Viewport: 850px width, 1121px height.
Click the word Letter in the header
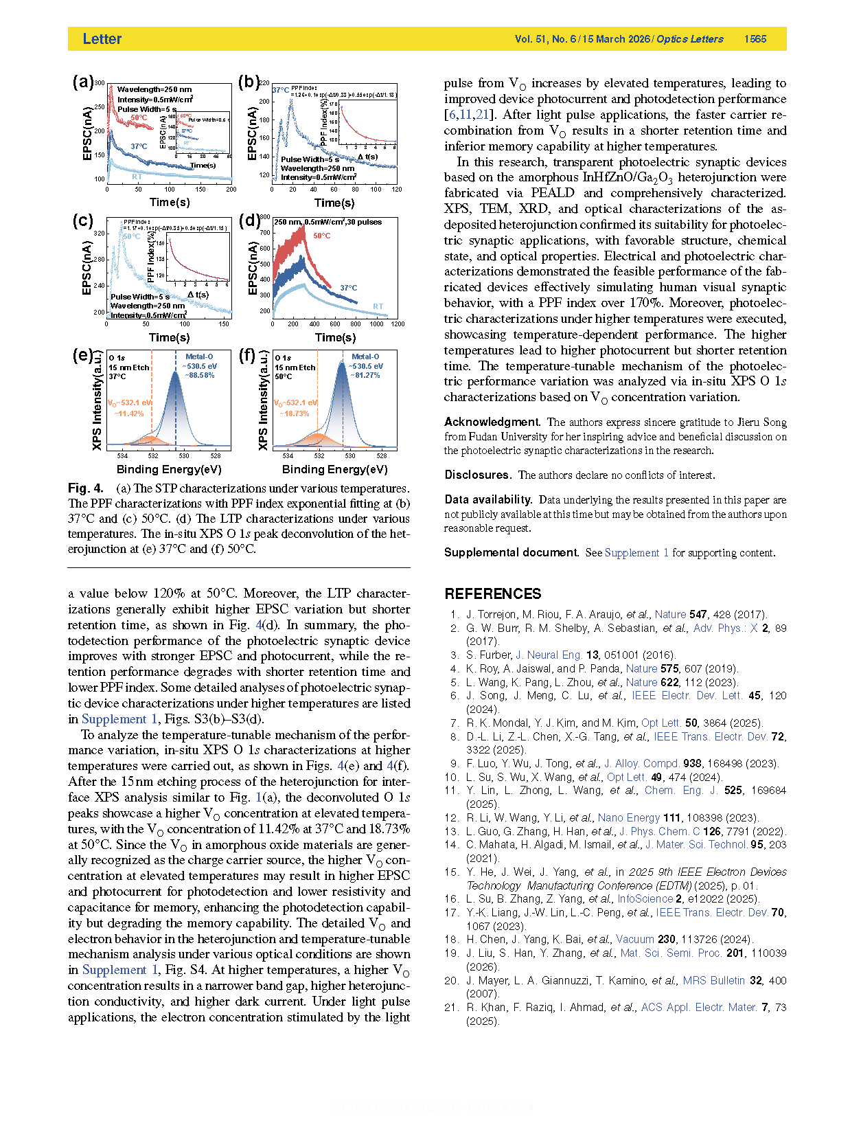[x=102, y=39]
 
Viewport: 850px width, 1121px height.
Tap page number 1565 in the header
[x=755, y=39]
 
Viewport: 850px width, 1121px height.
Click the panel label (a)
[x=82, y=82]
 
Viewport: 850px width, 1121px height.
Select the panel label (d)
[x=249, y=220]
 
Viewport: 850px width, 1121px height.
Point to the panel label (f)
[x=246, y=355]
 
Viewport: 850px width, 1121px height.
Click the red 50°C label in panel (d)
[x=322, y=236]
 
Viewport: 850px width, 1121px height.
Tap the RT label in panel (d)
[x=378, y=306]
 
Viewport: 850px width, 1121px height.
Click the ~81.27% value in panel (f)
[x=365, y=376]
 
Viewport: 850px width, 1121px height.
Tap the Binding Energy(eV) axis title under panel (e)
[x=169, y=469]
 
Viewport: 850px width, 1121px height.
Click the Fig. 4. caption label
[x=86, y=488]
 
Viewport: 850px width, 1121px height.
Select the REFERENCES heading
[x=493, y=594]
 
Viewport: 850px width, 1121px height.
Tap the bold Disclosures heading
[x=478, y=475]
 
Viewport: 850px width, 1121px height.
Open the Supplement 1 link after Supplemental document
[x=636, y=552]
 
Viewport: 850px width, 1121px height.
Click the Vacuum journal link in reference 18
[x=635, y=939]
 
